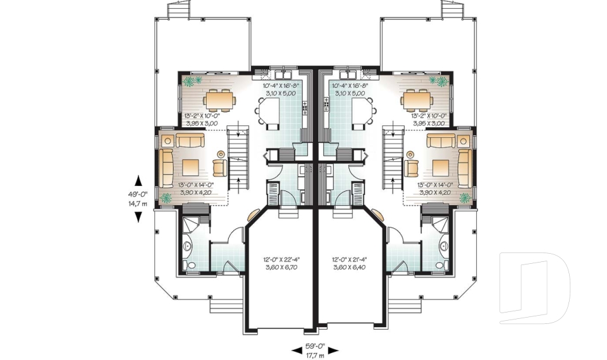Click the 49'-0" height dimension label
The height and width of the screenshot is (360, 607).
pyautogui.click(x=138, y=195)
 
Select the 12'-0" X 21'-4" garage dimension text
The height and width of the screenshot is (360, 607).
pyautogui.click(x=349, y=260)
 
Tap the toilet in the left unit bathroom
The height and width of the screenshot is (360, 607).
pyautogui.click(x=189, y=266)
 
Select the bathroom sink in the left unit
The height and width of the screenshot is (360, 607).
pyautogui.click(x=187, y=246)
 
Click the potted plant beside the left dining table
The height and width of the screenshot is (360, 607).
pyautogui.click(x=192, y=80)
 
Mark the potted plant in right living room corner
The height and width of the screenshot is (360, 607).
pyautogui.click(x=465, y=198)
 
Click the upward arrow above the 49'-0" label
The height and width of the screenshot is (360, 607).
pyautogui.click(x=138, y=182)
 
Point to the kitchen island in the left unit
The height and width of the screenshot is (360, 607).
pyautogui.click(x=269, y=110)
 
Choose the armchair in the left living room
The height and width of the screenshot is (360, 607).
pyautogui.click(x=220, y=168)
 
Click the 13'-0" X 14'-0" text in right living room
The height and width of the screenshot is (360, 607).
pyautogui.click(x=435, y=185)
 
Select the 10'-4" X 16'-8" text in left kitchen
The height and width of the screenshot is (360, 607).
pyautogui.click(x=281, y=86)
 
